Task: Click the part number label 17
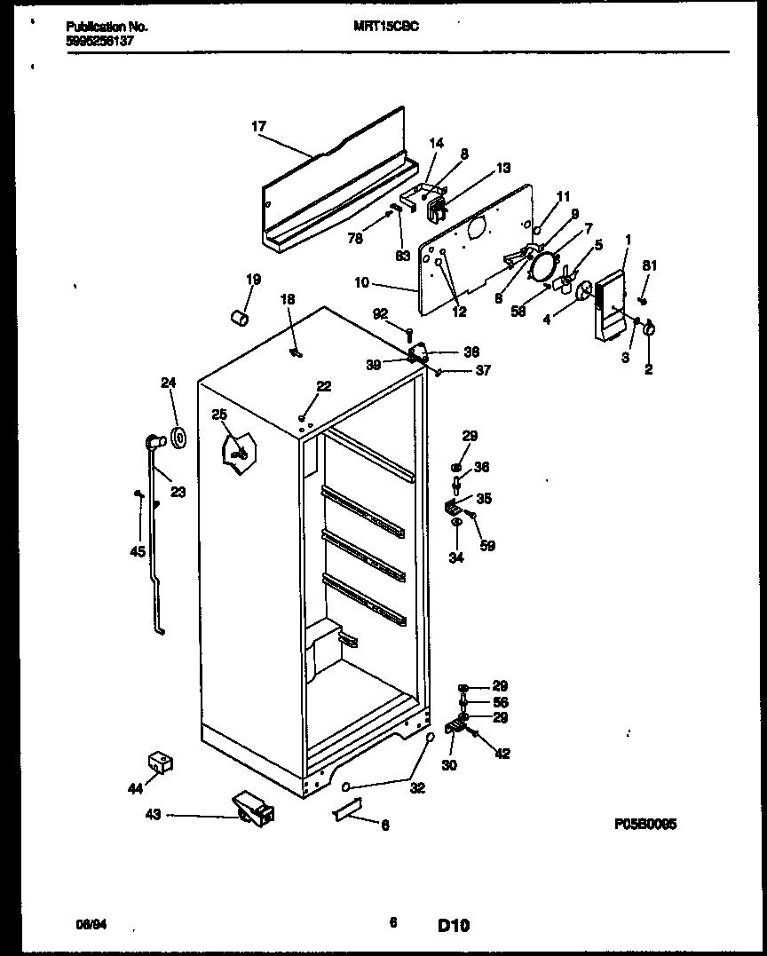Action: point(258,127)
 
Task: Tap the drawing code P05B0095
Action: point(645,824)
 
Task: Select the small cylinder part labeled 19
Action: point(237,317)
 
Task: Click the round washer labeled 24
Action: point(178,437)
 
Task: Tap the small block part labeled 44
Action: point(159,760)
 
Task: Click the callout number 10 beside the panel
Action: point(361,283)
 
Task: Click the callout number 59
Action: point(486,546)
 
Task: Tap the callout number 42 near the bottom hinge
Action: point(502,754)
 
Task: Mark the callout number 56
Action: point(502,700)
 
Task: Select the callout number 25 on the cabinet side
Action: point(219,415)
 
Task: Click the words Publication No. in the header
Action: point(107,27)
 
